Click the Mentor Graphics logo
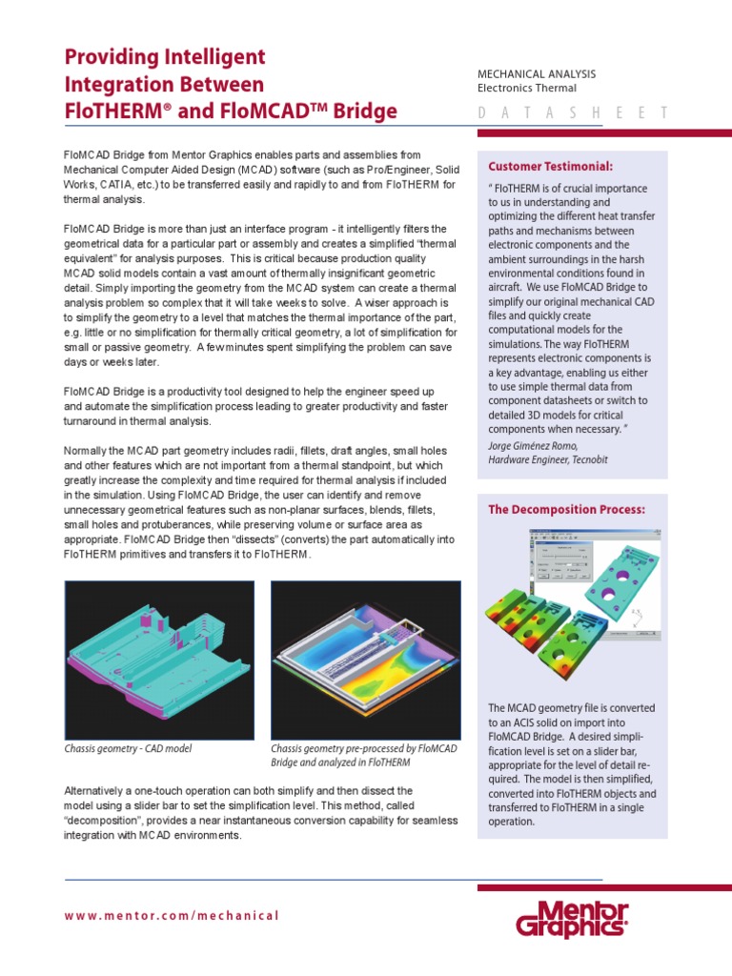pyautogui.click(x=572, y=921)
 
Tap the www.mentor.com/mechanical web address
pyautogui.click(x=172, y=916)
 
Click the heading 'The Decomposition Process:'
pyautogui.click(x=566, y=510)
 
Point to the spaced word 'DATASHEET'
pyautogui.click(x=572, y=113)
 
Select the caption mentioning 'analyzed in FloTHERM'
pyautogui.click(x=340, y=762)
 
